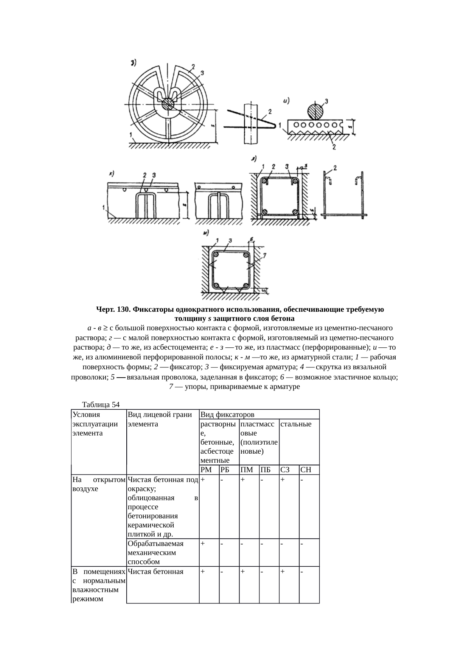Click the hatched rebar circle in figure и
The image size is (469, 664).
pos(315,111)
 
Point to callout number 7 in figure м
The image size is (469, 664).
pos(264,256)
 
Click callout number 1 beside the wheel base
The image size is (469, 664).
pos(130,134)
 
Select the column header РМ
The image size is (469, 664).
pos(206,470)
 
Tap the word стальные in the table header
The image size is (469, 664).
pos(296,424)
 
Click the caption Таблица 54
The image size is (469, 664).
pos(98,405)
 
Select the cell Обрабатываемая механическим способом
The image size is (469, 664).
pos(155,552)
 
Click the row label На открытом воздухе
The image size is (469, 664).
pos(98,484)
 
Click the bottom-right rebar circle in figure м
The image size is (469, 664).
pos(246,285)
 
